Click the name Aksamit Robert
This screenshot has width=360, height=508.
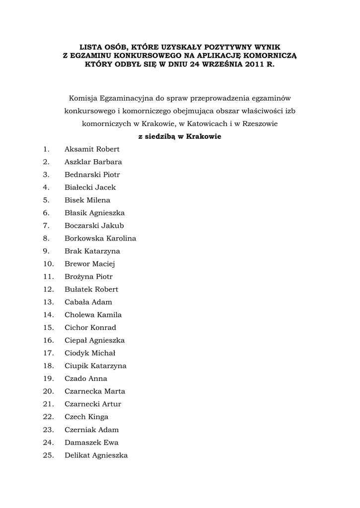point(92,149)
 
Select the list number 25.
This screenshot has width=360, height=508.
point(48,455)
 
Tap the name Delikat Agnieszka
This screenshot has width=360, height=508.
point(96,455)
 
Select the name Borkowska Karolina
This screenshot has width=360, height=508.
point(100,238)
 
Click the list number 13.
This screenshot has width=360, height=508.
point(48,302)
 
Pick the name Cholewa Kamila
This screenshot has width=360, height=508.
point(93,315)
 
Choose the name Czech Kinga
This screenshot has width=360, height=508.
point(86,417)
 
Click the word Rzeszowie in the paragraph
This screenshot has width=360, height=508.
point(260,123)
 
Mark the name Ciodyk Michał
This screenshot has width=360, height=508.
point(90,353)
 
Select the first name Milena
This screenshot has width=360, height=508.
point(99,200)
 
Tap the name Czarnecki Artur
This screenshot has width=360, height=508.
point(93,404)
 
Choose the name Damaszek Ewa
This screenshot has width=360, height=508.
point(91,443)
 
